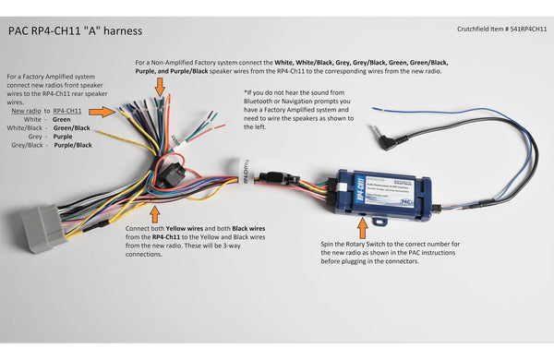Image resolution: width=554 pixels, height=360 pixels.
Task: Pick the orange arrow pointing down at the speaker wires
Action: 161,87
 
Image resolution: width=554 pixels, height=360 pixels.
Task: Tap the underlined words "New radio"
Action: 25,110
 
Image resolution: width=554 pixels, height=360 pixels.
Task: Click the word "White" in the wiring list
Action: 34,119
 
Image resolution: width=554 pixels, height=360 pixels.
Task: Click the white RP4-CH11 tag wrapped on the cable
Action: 245,174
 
